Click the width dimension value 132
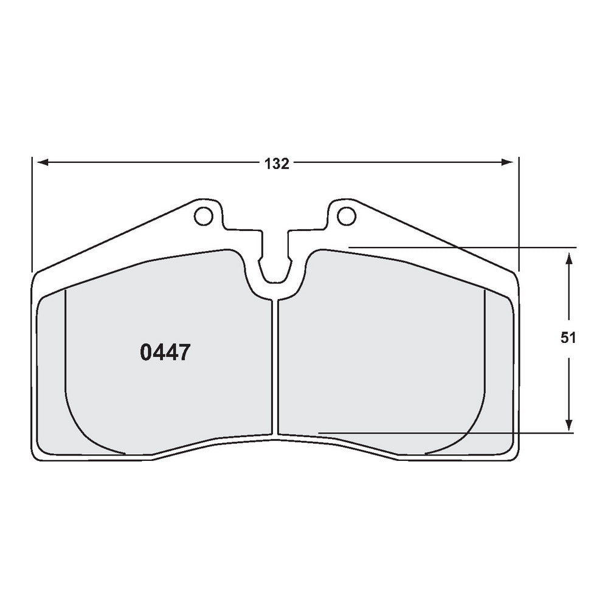point(276,164)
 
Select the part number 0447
point(166,352)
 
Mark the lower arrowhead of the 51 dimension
point(568,426)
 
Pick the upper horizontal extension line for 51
point(462,247)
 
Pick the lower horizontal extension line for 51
point(444,433)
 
